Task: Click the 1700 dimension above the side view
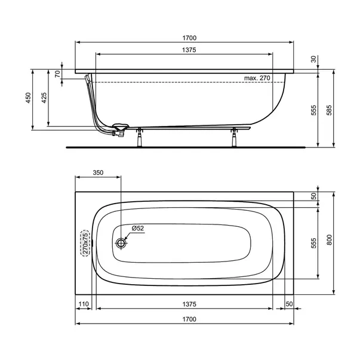[x=189, y=38]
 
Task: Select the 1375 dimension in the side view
[x=189, y=50]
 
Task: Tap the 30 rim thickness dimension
[x=313, y=59]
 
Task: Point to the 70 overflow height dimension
[x=57, y=74]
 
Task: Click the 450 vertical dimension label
[x=28, y=98]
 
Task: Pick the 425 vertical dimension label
[x=44, y=98]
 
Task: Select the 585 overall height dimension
[x=329, y=110]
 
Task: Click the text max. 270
[x=257, y=78]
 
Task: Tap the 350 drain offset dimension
[x=98, y=173]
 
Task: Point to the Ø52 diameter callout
[x=138, y=228]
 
